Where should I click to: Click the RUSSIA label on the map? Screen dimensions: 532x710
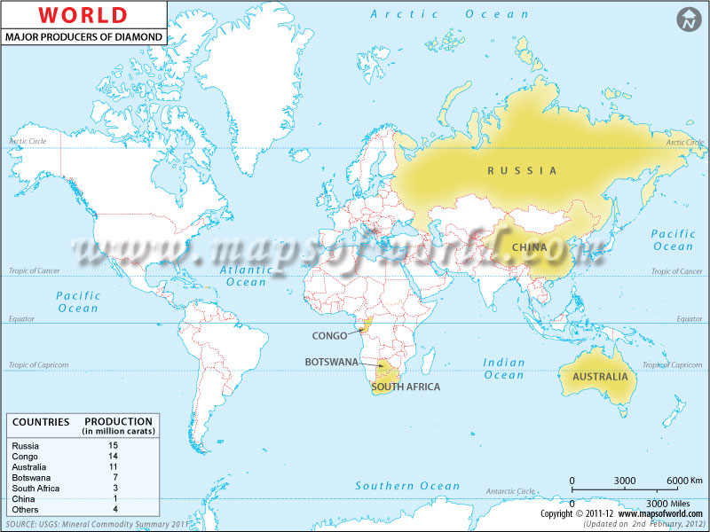click(x=522, y=170)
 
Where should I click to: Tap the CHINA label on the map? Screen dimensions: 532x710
click(x=529, y=247)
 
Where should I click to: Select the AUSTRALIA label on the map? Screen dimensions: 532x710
click(x=600, y=377)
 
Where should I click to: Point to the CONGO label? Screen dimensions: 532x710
click(x=329, y=336)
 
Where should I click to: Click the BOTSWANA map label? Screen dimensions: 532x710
click(x=331, y=363)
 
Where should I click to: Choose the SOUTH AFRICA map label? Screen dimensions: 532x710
click(x=405, y=387)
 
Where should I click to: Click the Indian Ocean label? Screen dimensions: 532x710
click(x=504, y=369)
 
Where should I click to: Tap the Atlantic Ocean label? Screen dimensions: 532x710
click(x=246, y=276)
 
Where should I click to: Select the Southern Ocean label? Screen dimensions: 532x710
click(x=407, y=486)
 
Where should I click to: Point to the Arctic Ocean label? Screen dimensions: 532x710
click(x=449, y=14)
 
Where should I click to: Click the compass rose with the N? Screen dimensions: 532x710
click(x=688, y=20)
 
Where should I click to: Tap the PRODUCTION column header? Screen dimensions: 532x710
click(x=118, y=421)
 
